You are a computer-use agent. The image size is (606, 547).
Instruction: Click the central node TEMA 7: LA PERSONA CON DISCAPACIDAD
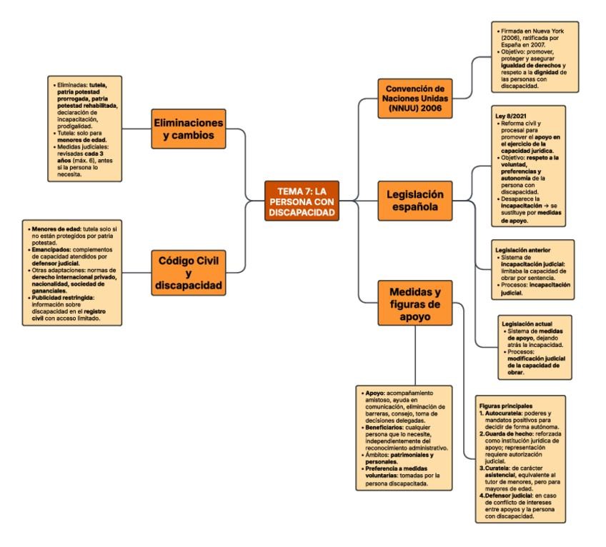click(301, 201)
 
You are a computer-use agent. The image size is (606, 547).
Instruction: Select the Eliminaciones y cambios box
click(189, 129)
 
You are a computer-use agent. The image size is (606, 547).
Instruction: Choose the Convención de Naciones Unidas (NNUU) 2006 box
click(414, 98)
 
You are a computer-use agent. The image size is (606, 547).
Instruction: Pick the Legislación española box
click(415, 201)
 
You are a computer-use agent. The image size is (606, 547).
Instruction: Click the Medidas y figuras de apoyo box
click(414, 303)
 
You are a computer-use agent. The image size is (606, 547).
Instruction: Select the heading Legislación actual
click(527, 323)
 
